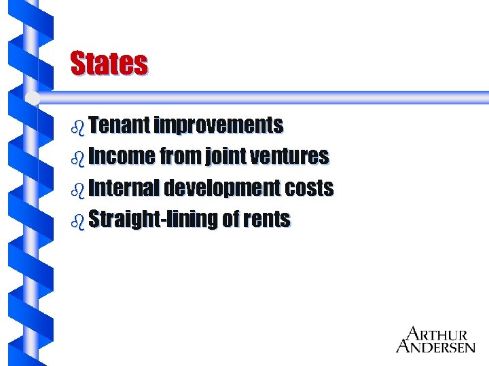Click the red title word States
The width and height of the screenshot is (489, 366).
(x=109, y=64)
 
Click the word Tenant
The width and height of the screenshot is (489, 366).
(x=120, y=125)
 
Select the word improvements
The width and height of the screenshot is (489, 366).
(x=219, y=125)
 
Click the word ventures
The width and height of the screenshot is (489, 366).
(x=290, y=157)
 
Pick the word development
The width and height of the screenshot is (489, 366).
(x=223, y=188)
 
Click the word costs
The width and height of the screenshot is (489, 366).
(x=309, y=188)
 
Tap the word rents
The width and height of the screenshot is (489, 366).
(x=266, y=220)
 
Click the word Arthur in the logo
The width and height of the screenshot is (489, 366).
(x=437, y=334)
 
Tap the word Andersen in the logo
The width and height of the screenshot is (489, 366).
(x=435, y=346)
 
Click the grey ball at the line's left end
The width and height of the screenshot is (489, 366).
(x=33, y=98)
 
